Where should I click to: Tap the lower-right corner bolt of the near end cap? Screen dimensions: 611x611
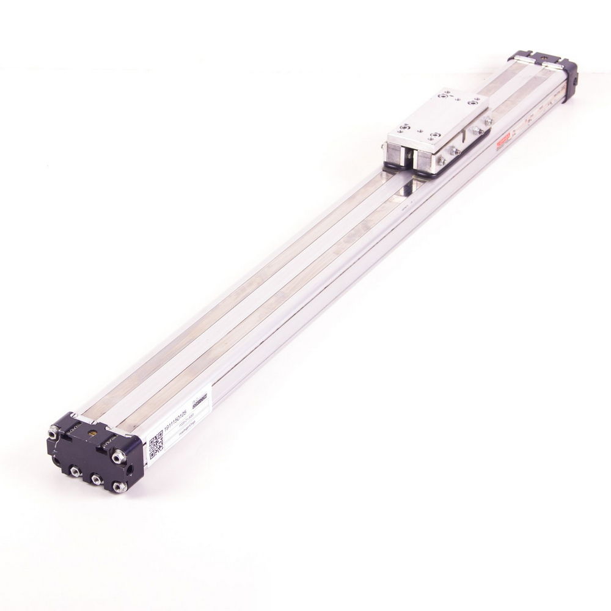coord(117,487)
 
